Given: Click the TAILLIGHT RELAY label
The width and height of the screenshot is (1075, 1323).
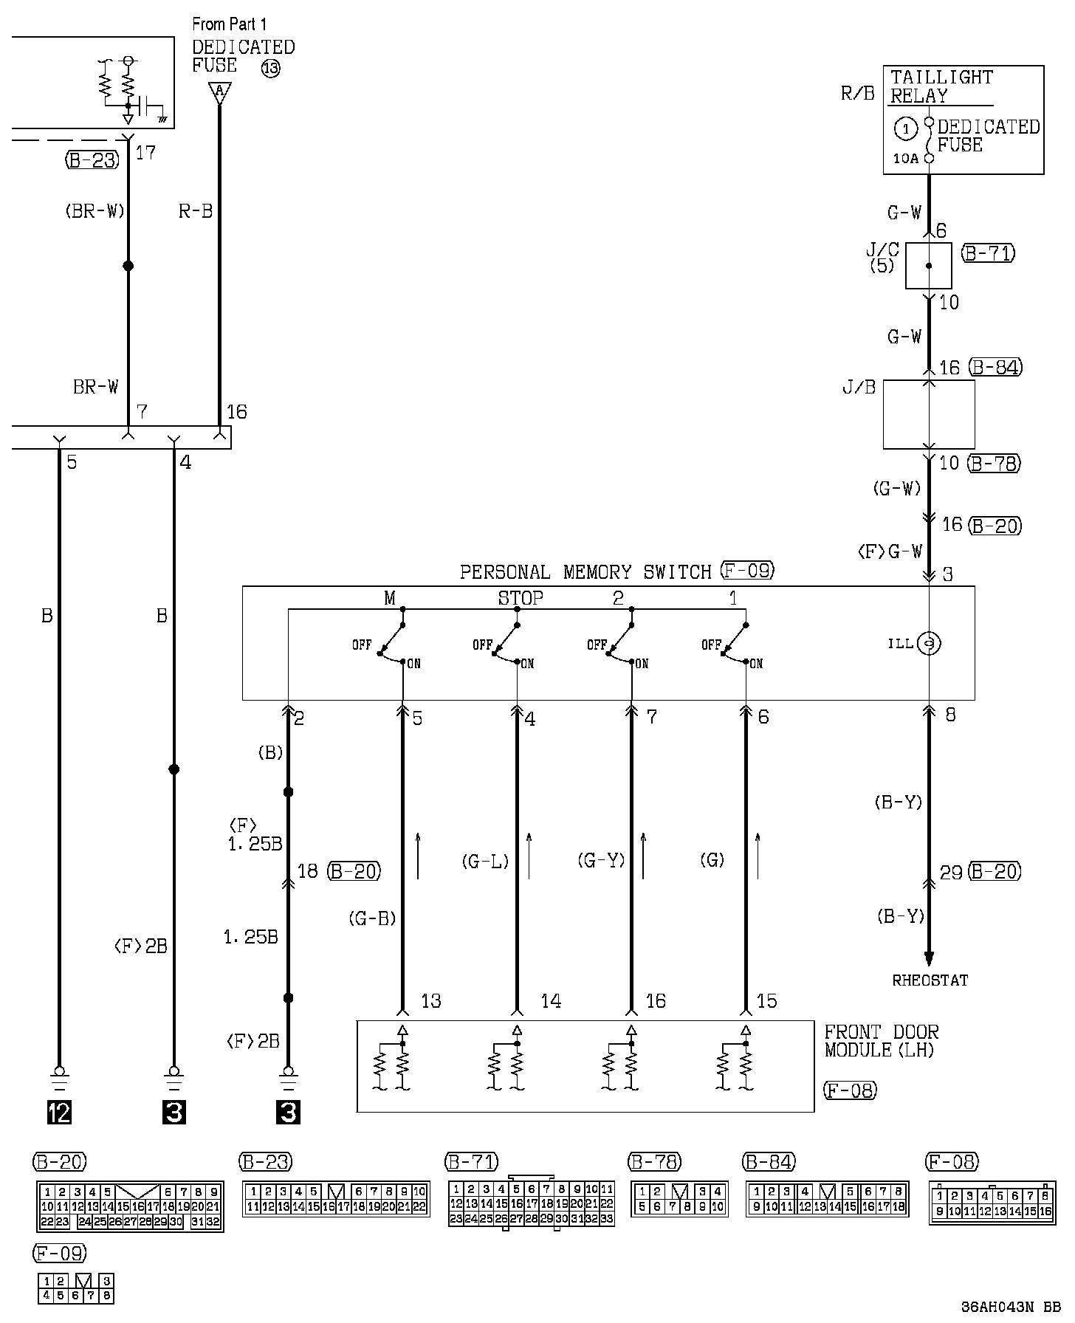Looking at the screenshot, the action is pyautogui.click(x=941, y=86).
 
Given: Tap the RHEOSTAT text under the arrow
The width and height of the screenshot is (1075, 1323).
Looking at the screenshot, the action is pyautogui.click(x=930, y=980).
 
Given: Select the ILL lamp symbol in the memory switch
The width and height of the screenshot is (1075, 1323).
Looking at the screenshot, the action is pyautogui.click(x=929, y=644).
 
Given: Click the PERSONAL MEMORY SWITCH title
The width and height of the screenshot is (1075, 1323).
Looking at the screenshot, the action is pyautogui.click(x=585, y=572).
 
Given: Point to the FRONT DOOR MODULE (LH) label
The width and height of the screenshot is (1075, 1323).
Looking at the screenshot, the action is pyautogui.click(x=882, y=1041).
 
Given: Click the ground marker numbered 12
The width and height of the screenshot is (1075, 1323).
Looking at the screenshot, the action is pyautogui.click(x=59, y=1112).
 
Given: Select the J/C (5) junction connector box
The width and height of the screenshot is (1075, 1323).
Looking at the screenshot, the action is pyautogui.click(x=928, y=266).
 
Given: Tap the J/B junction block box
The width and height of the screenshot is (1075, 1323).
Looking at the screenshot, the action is pyautogui.click(x=929, y=414).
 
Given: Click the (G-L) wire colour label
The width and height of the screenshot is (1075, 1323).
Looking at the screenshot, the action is pyautogui.click(x=485, y=861).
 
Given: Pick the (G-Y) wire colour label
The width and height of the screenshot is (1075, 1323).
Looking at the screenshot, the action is pyautogui.click(x=601, y=860).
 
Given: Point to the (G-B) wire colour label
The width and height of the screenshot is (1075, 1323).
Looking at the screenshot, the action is pyautogui.click(x=372, y=919).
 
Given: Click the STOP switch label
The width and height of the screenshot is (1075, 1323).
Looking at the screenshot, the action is pyautogui.click(x=521, y=598).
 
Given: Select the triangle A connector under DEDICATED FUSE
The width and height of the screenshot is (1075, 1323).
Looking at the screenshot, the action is pyautogui.click(x=219, y=92).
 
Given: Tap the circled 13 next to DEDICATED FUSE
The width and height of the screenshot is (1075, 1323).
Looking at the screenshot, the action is pyautogui.click(x=271, y=69).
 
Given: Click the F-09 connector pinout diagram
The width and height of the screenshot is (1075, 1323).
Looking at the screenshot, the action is pyautogui.click(x=76, y=1288).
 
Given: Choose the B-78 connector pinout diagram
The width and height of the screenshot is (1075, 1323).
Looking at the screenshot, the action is pyautogui.click(x=679, y=1199).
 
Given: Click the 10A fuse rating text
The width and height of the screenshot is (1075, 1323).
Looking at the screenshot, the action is pyautogui.click(x=906, y=158).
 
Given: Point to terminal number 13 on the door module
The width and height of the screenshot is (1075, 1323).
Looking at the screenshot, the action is pyautogui.click(x=430, y=1001).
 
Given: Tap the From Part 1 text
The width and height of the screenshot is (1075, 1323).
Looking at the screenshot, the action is pyautogui.click(x=230, y=24).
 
